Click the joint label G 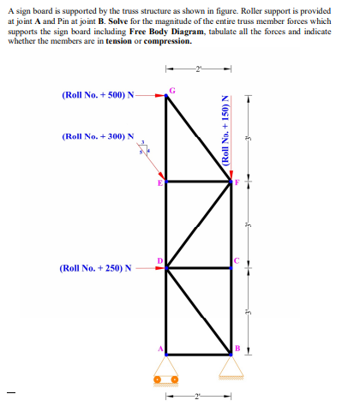pyautogui.click(x=172, y=90)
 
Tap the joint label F pyautogui.click(x=239, y=182)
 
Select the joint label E pyautogui.click(x=159, y=184)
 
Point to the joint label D pyautogui.click(x=159, y=260)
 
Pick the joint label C pyautogui.click(x=237, y=260)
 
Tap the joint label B pyautogui.click(x=239, y=348)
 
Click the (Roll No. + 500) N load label pyautogui.click(x=98, y=95)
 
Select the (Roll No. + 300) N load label pyautogui.click(x=98, y=136)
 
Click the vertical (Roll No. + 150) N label pyautogui.click(x=225, y=134)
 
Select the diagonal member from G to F pyautogui.click(x=199, y=138)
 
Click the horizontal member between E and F pyautogui.click(x=199, y=182)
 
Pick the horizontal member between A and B pyautogui.click(x=199, y=353)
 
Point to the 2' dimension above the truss pyautogui.click(x=199, y=68)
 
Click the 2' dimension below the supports pyautogui.click(x=199, y=395)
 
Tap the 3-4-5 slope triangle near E pyautogui.click(x=146, y=150)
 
